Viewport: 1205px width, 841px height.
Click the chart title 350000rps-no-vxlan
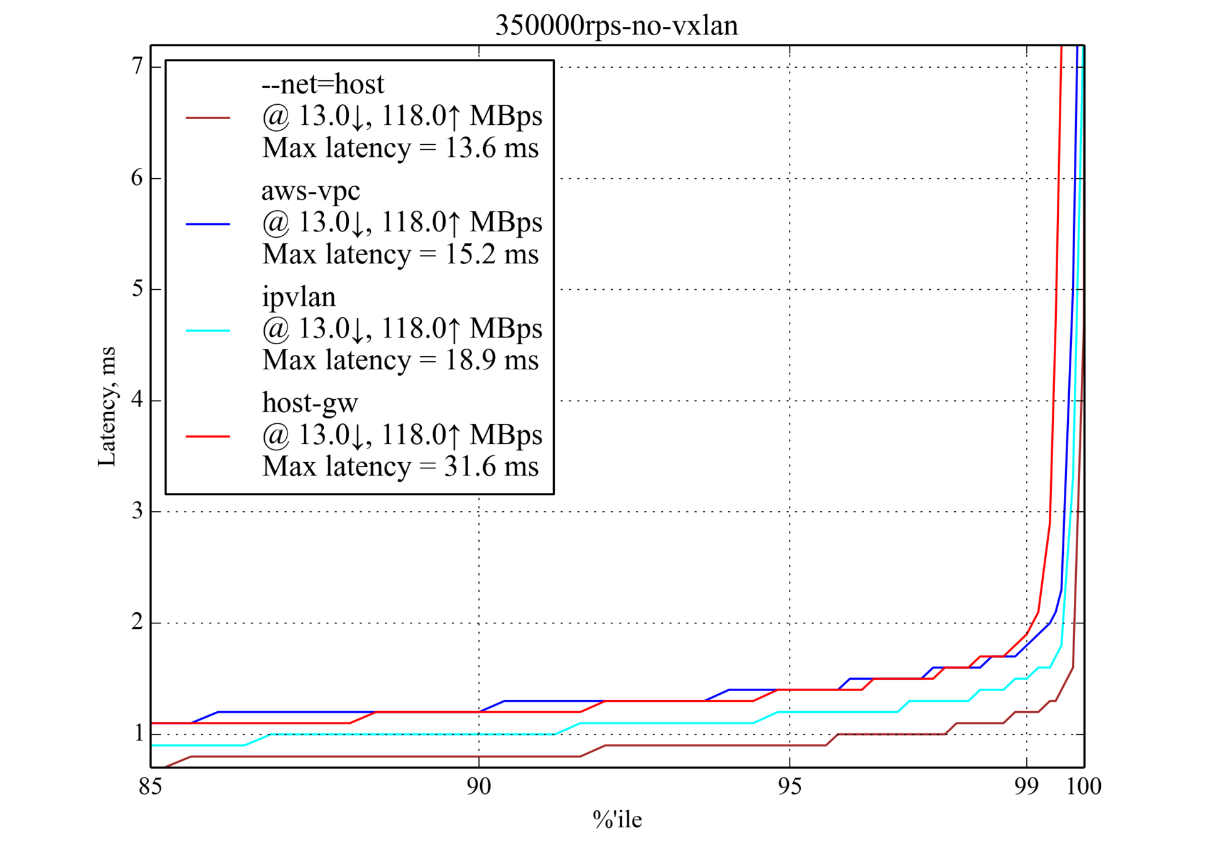(616, 26)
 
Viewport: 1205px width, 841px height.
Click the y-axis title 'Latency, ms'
(107, 406)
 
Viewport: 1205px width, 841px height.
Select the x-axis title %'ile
(617, 819)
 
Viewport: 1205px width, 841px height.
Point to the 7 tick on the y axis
(137, 66)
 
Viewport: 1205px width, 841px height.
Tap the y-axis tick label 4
(137, 400)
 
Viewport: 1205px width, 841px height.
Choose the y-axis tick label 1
(138, 733)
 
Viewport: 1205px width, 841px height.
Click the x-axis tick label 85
(151, 786)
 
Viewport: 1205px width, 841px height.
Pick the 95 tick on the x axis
(790, 786)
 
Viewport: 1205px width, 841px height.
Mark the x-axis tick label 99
(1026, 786)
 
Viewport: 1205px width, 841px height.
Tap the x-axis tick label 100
(1084, 786)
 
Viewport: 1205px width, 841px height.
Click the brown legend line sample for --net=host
(208, 117)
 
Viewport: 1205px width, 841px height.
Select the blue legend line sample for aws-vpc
(208, 224)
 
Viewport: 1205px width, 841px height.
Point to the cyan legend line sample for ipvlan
(208, 331)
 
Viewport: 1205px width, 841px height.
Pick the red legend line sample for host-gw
(208, 436)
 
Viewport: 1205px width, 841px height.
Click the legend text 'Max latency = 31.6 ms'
(400, 467)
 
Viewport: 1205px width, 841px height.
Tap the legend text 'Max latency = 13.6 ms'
(400, 148)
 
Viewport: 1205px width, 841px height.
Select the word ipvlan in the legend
(299, 297)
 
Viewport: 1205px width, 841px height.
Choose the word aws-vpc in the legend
(311, 191)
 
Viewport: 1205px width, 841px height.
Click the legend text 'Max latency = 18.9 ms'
(400, 360)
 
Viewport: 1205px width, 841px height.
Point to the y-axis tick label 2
(137, 622)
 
